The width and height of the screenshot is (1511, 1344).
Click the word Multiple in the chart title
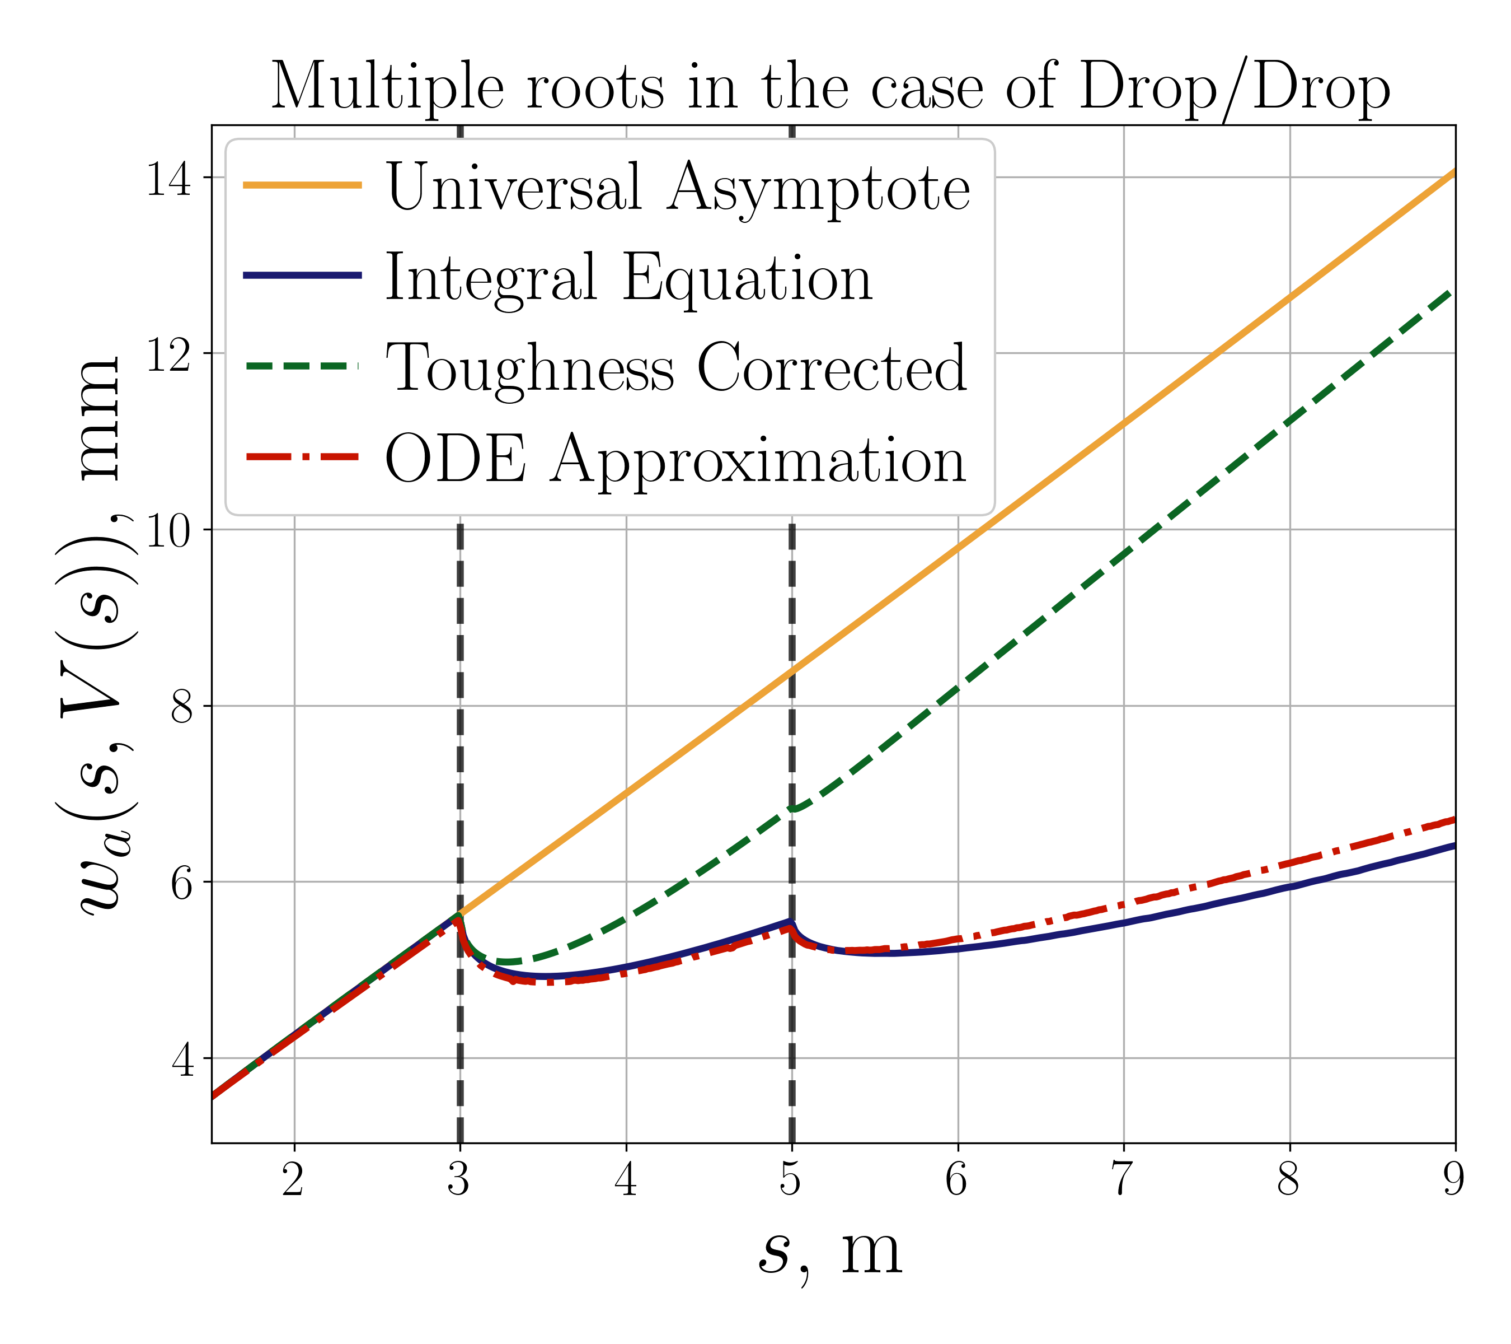tap(387, 87)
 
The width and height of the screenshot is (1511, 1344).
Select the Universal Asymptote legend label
tap(677, 186)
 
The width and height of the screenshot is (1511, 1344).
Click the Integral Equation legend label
tap(628, 277)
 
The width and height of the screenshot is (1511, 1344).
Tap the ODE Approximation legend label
tap(674, 459)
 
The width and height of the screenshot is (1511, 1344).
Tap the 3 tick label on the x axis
tap(459, 1179)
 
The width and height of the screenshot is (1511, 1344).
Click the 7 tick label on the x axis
tap(1123, 1179)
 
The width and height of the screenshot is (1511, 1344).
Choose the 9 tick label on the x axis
tap(1453, 1179)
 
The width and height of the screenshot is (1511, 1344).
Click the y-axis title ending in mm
tap(100, 636)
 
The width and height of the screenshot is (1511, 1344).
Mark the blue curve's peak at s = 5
tap(791, 922)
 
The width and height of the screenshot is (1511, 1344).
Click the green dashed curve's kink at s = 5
tap(792, 809)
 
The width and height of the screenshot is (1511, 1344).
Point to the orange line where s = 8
tap(1290, 297)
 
